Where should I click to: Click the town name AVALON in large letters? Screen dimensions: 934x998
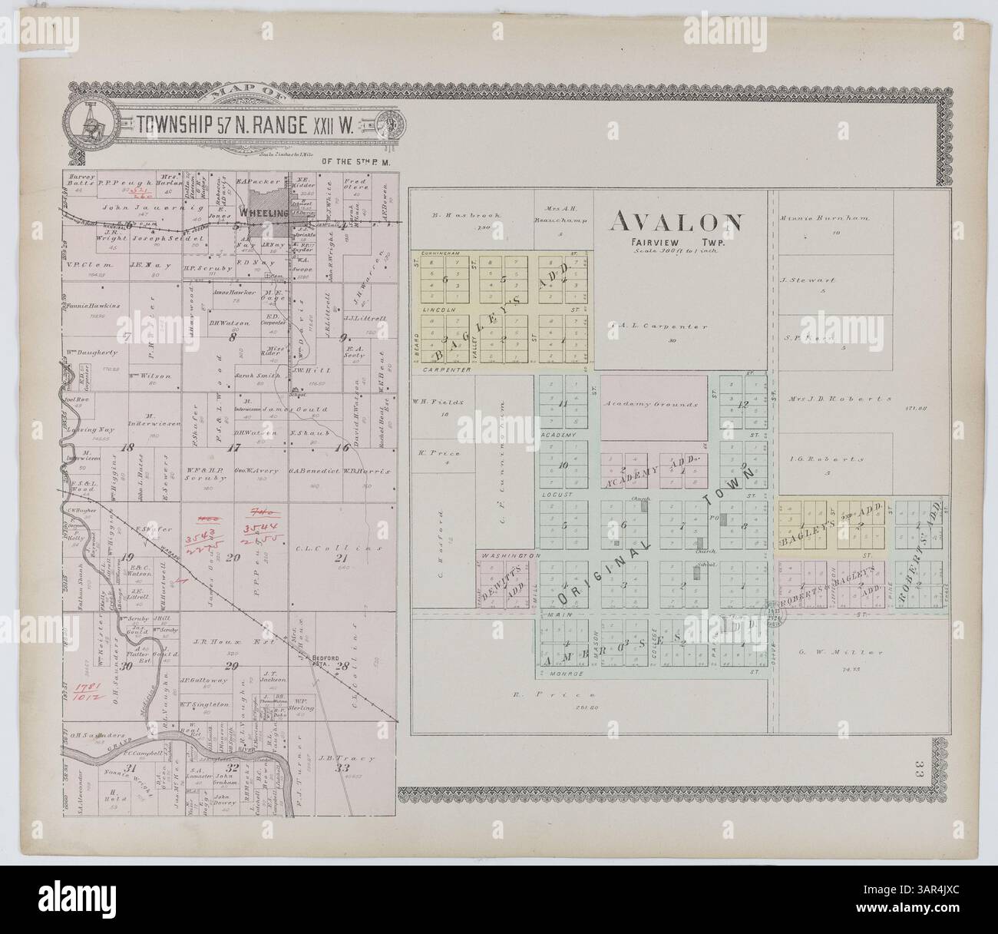[676, 222]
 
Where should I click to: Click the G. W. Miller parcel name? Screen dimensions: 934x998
[831, 653]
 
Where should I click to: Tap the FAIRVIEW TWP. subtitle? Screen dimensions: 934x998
[676, 240]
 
